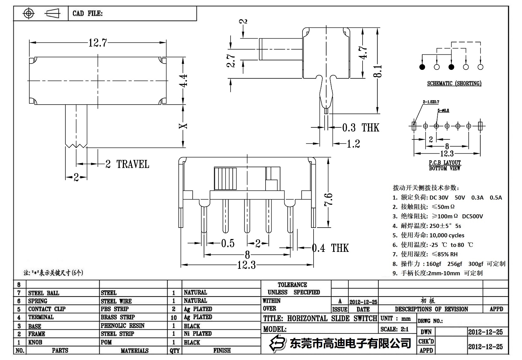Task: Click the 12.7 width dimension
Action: coord(98,43)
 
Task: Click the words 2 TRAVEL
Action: coord(127,164)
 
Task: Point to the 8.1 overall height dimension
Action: coord(379,71)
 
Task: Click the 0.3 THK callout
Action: coord(361,128)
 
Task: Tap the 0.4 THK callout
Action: coord(330,248)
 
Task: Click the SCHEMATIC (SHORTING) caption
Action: coord(454,83)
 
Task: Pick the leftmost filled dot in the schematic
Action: coord(422,67)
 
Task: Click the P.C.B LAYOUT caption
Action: coord(445,162)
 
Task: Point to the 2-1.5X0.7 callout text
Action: coord(431,102)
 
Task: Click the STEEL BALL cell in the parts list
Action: coord(44,293)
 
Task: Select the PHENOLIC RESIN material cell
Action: coord(123,326)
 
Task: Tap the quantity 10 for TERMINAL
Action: coord(174,317)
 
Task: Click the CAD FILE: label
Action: coord(87,13)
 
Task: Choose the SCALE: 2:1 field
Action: coord(394,329)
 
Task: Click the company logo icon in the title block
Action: coord(277,343)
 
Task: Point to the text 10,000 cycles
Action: coord(447,235)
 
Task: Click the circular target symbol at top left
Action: coord(29,13)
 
